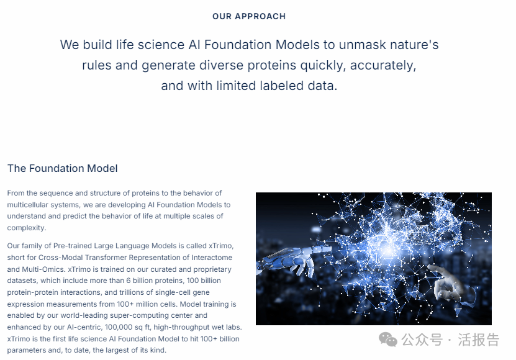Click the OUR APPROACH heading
coord(249,17)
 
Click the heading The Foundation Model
coord(63,168)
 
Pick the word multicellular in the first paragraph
coord(27,205)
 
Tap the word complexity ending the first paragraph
coord(26,228)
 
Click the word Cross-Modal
coord(61,258)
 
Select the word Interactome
coord(212,258)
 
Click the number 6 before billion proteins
coord(129,281)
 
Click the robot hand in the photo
coord(289,261)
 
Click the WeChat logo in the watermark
coord(388,340)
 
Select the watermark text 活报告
coord(479,340)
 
